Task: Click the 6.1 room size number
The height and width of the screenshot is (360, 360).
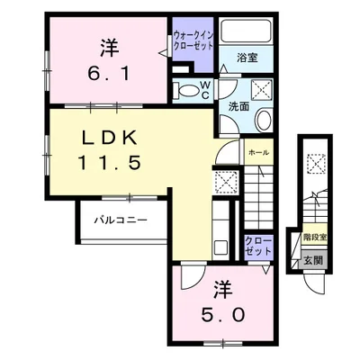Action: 109,74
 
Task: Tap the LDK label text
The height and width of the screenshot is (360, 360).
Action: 110,139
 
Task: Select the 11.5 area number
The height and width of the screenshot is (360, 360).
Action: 110,163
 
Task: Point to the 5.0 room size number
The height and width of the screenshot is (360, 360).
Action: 222,315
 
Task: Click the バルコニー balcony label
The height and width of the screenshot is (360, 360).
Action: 121,220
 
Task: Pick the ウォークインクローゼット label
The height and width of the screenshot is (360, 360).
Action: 193,40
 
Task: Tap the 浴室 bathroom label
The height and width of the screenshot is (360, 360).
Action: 247,58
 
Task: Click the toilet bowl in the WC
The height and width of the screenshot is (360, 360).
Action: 190,90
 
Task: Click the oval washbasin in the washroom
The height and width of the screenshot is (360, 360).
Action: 263,120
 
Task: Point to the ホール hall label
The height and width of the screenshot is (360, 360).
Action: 258,152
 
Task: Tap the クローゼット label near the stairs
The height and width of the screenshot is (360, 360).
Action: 258,246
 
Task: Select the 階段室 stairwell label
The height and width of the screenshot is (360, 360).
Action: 315,238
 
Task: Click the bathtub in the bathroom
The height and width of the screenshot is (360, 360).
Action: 246,30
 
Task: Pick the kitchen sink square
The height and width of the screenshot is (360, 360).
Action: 220,247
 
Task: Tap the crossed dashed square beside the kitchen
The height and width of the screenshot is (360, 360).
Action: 227,183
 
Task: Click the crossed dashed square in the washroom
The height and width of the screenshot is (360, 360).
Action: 262,89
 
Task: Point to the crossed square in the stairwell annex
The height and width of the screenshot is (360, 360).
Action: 316,164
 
